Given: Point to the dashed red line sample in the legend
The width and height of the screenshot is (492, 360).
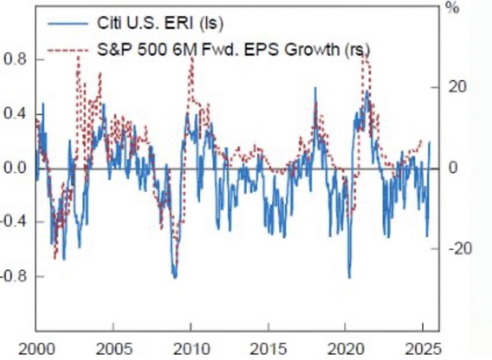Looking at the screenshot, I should (x=66, y=50).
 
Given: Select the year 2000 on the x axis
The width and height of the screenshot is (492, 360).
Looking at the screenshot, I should (x=36, y=349).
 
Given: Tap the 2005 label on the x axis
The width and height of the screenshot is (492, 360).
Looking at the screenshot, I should (x=113, y=349).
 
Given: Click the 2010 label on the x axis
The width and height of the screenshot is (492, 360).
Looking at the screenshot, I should (x=190, y=349).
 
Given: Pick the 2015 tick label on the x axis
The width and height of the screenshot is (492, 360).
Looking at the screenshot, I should (x=268, y=349).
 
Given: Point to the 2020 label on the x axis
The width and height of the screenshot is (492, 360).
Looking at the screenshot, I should (x=345, y=349).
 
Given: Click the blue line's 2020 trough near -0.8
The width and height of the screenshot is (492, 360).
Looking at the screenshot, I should (x=349, y=277).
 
